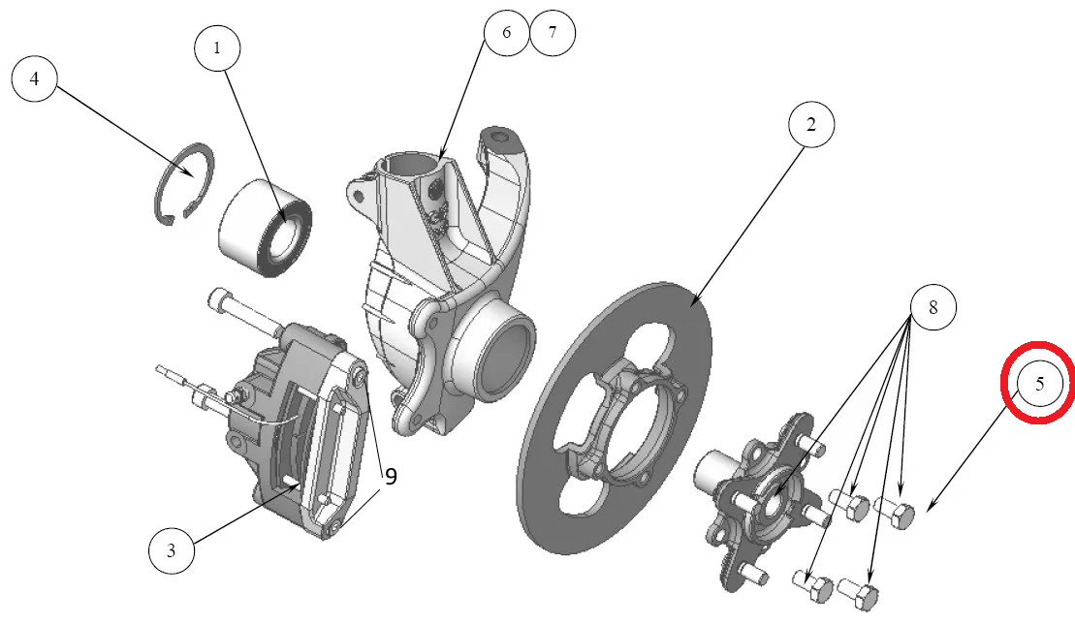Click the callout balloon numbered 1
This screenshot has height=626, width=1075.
click(217, 46)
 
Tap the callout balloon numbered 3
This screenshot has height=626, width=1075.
click(171, 551)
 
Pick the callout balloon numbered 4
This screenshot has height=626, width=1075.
click(35, 79)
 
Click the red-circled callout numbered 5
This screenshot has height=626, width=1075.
click(1039, 383)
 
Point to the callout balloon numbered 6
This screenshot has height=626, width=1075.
click(506, 32)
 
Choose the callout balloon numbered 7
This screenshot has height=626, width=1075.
click(553, 32)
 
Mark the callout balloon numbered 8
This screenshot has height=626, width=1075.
click(933, 307)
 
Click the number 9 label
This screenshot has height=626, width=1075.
click(391, 476)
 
